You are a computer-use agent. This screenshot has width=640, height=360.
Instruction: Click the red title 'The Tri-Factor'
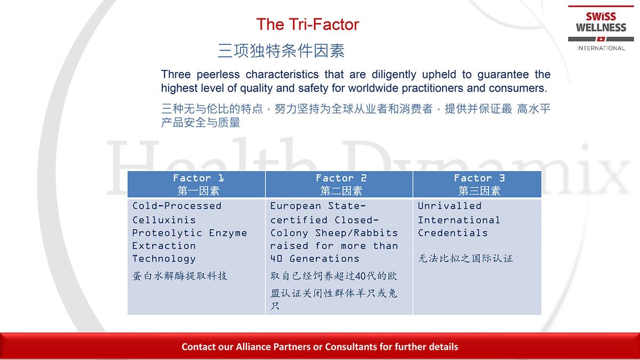[307, 25]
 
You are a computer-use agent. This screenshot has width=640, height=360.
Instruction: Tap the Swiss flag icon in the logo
[601, 39]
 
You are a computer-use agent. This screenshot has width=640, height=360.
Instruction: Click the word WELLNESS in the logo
[601, 28]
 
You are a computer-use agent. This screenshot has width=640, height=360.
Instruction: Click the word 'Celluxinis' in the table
[164, 220]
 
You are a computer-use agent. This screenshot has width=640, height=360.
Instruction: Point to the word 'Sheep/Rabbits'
[357, 233]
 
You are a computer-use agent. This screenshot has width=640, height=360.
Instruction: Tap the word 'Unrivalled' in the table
[450, 206]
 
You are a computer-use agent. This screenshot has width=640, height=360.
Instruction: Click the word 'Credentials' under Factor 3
[453, 233]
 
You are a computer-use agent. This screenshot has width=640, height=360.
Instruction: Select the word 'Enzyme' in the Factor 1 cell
[228, 234]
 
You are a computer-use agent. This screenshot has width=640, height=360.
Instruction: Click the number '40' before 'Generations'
[276, 259]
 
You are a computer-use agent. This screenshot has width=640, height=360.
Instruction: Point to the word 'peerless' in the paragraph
[218, 75]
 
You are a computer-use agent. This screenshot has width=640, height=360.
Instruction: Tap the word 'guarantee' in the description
[503, 75]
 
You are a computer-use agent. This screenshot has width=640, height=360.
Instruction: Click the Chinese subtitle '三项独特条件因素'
[281, 51]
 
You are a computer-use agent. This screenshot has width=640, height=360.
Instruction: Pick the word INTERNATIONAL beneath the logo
[601, 49]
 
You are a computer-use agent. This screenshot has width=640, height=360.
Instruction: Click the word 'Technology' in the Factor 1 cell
[164, 259]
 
